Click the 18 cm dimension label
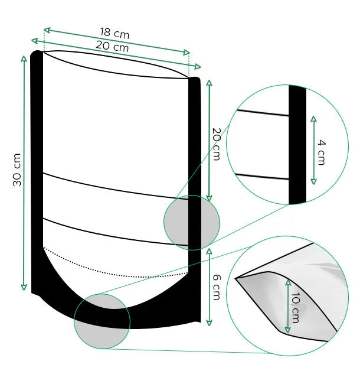click(x=114, y=34)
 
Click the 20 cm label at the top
click(x=112, y=46)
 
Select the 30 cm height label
click(x=18, y=170)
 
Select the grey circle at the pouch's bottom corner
click(x=102, y=321)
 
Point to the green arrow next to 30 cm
click(x=24, y=171)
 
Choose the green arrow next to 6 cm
click(x=209, y=287)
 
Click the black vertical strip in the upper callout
click(x=297, y=145)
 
